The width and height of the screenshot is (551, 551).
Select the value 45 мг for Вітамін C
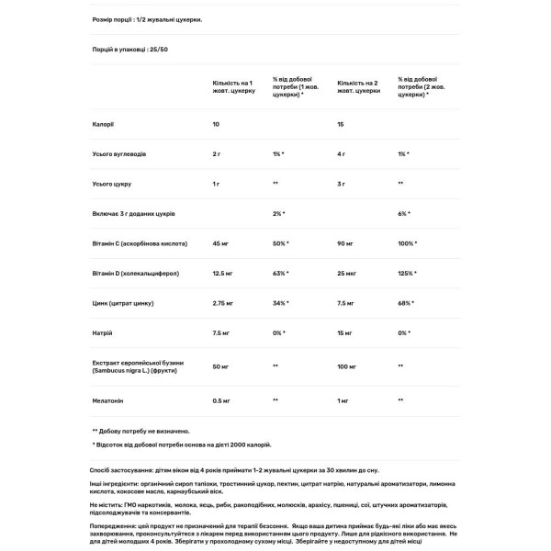220,243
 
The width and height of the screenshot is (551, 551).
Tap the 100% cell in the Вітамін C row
407,243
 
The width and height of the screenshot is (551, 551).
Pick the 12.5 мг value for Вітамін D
223,273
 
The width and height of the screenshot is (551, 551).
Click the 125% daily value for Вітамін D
407,273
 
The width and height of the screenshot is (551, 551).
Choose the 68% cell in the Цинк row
405,302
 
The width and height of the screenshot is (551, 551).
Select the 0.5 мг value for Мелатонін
222,400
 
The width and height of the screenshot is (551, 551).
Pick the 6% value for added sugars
404,213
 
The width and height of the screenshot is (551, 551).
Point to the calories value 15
343,123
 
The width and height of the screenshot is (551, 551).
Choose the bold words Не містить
110,504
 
